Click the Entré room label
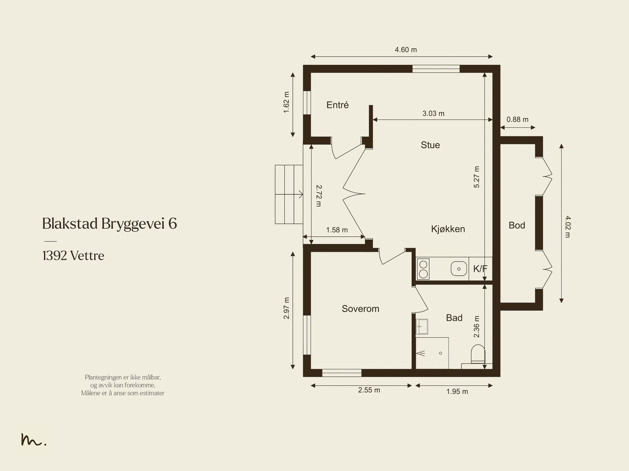(x=338, y=105)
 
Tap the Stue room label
(x=430, y=145)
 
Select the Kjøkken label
(x=448, y=229)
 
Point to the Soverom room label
(x=360, y=309)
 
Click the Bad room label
(x=454, y=317)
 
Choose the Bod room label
(x=517, y=225)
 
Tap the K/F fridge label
(x=480, y=269)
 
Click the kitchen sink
(x=458, y=269)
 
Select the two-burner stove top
(x=423, y=269)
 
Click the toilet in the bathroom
(x=478, y=354)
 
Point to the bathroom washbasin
(x=421, y=326)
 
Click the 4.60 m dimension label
(x=406, y=50)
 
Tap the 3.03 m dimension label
(x=433, y=114)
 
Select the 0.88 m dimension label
(x=517, y=120)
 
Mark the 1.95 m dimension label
(x=457, y=391)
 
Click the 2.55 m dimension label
(x=369, y=390)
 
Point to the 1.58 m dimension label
(x=337, y=230)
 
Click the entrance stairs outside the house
(x=289, y=194)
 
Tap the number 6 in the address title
(x=173, y=224)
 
